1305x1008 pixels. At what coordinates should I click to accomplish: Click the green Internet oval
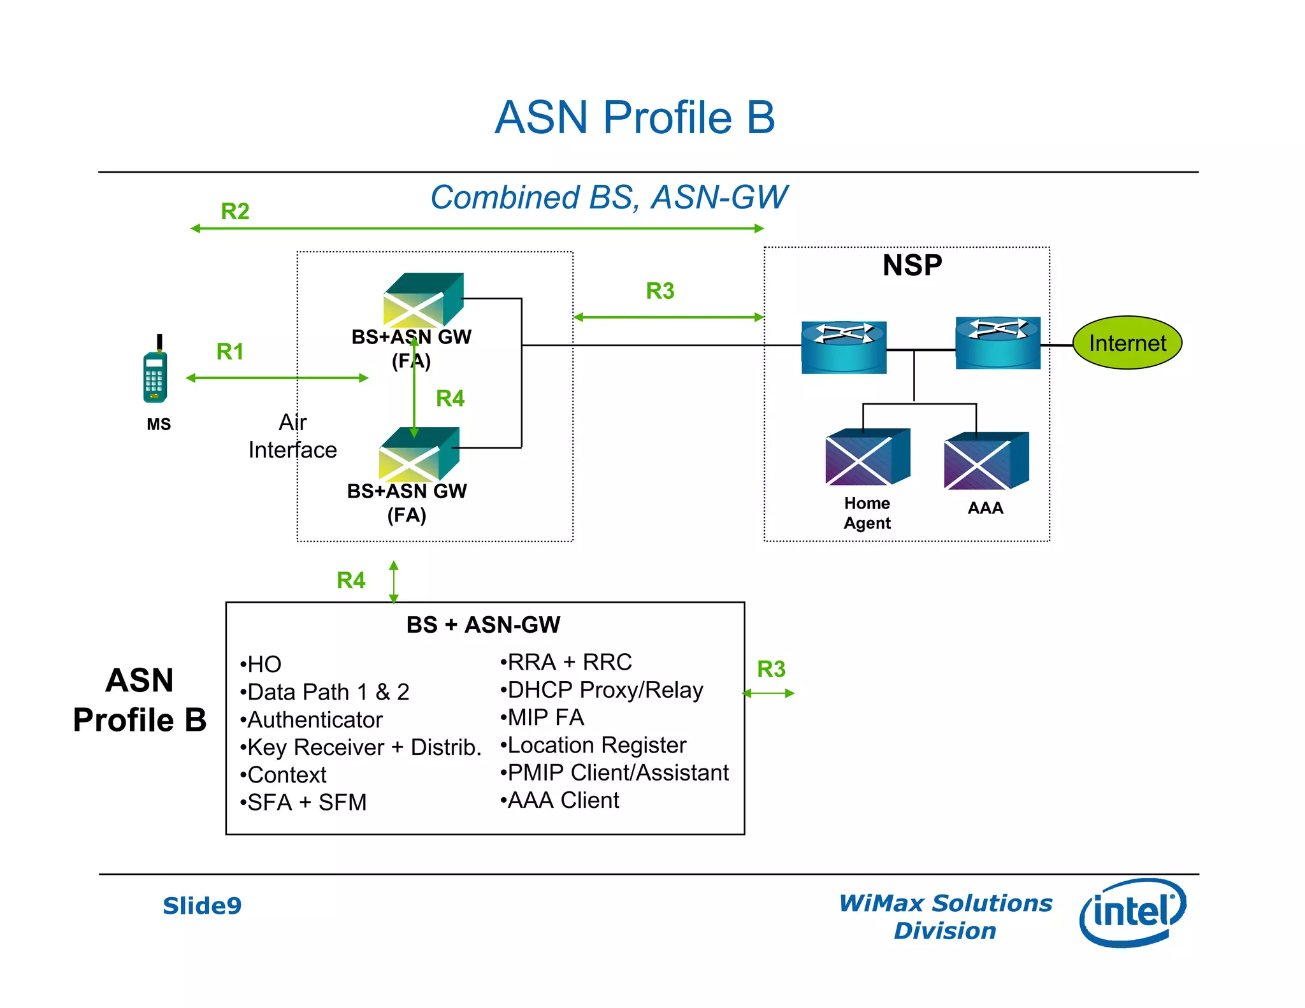1127,343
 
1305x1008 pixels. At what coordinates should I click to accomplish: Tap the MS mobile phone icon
155,376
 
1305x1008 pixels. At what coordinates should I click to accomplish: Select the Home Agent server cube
867,457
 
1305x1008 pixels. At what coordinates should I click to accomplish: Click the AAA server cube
986,461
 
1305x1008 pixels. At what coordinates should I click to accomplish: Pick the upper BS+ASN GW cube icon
422,299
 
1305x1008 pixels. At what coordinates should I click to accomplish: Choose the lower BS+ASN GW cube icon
419,454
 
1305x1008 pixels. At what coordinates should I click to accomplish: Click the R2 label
234,211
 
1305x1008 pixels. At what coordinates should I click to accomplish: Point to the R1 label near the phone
230,351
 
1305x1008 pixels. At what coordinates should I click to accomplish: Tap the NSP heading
912,265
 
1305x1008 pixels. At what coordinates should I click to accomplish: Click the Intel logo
1132,912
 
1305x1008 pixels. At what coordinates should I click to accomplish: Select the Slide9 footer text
202,905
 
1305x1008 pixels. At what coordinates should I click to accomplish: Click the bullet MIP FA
542,717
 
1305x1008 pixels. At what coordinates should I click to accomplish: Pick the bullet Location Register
593,745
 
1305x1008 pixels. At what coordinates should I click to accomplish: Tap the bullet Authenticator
312,719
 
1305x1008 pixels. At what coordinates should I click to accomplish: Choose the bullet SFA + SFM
303,802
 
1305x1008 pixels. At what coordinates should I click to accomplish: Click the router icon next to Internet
997,343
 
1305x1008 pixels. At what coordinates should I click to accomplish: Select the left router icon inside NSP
844,347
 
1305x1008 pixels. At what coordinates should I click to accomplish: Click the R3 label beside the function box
771,669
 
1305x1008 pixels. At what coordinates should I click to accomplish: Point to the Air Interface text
292,436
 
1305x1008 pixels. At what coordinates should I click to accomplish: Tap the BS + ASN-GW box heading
483,624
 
